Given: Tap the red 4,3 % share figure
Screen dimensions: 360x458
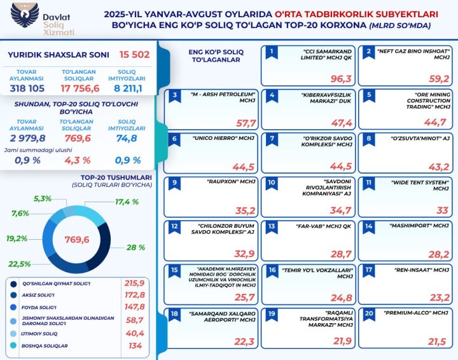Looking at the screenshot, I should click(79, 160).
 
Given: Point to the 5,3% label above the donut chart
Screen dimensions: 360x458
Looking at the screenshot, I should click(42, 199).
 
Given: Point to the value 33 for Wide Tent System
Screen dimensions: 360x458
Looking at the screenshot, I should click(441, 210).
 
